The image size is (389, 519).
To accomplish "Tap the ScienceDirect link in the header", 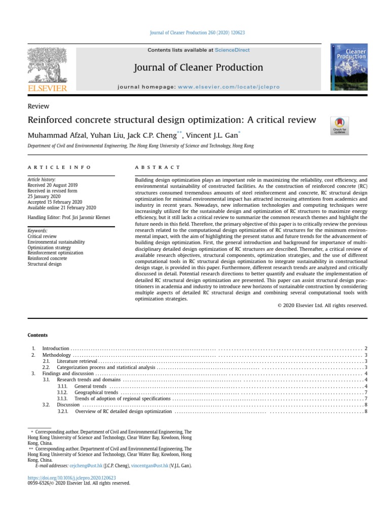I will (x=232, y=50).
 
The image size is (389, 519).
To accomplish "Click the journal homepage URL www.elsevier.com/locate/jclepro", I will (x=228, y=87).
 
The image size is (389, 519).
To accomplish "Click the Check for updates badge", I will (x=339, y=126).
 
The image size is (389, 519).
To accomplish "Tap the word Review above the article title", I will (x=38, y=106).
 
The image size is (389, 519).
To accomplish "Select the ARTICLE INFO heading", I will (x=59, y=167).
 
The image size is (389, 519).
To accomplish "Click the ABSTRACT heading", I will (x=157, y=167).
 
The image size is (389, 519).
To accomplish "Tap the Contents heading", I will (x=37, y=335).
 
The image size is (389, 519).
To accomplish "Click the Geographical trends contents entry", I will (x=96, y=392).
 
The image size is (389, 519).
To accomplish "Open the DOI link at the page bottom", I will (x=71, y=477).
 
